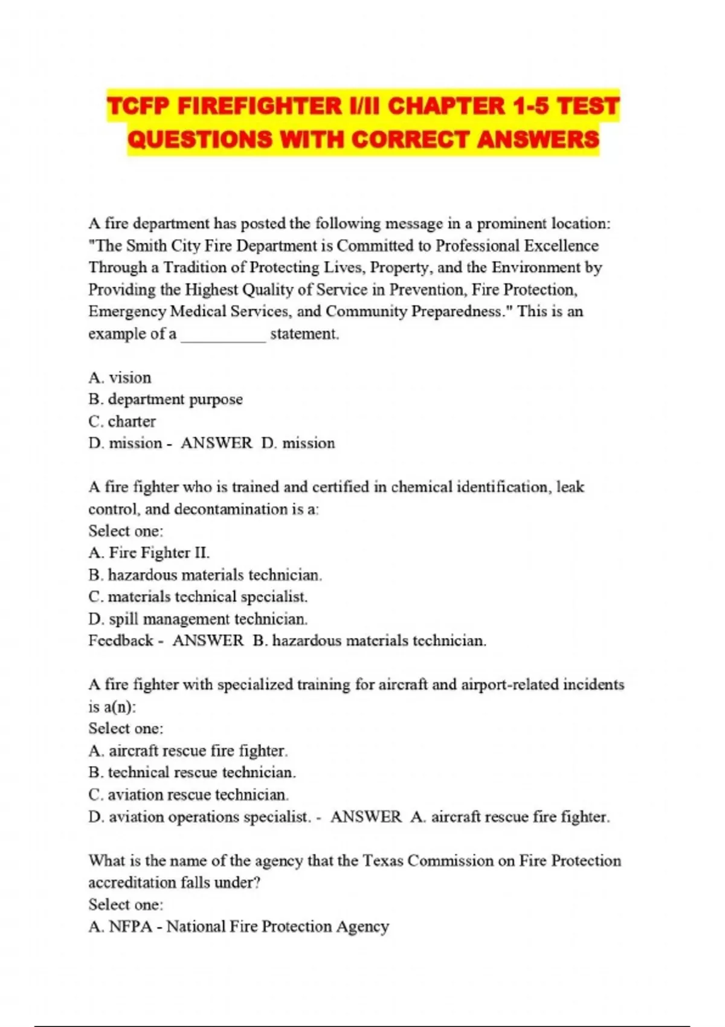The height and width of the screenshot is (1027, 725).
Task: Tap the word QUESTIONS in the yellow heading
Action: [x=199, y=140]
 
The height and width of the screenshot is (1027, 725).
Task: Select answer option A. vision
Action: [x=120, y=378]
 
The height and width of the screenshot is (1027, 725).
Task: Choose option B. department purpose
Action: [x=166, y=399]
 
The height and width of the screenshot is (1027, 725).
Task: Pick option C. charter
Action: [x=122, y=421]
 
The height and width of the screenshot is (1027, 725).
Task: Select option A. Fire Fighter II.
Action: [x=149, y=553]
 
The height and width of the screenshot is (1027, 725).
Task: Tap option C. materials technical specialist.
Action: [x=198, y=597]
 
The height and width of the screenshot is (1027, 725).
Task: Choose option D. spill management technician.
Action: [x=198, y=619]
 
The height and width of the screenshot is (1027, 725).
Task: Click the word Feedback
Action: [x=120, y=640]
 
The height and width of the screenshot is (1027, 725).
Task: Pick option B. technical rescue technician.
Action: [x=192, y=773]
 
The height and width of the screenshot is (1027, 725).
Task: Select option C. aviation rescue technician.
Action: [x=188, y=794]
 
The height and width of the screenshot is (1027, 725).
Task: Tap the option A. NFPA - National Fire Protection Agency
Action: [x=239, y=926]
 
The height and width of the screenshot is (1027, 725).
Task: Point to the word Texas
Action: [x=382, y=860]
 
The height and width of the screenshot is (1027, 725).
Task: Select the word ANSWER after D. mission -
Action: [x=216, y=443]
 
